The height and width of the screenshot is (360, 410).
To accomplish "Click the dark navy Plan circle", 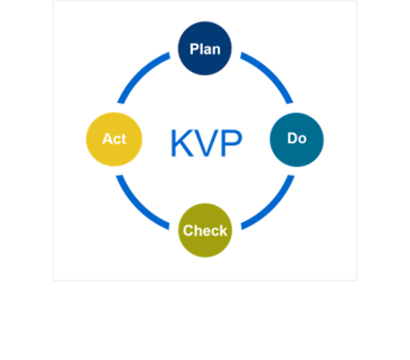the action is tap(205, 48).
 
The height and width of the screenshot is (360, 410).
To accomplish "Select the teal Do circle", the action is tap(297, 139).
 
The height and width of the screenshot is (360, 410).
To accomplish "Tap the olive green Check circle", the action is tap(205, 230).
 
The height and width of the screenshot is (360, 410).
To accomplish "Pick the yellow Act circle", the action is tap(114, 139).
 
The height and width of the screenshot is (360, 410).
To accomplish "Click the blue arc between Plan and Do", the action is tap(271, 73).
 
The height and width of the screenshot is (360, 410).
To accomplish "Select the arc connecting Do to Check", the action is tap(272, 207).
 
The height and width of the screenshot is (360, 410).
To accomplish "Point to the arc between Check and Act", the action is tap(138, 207).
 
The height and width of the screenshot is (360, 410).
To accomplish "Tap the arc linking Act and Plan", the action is tap(139, 73).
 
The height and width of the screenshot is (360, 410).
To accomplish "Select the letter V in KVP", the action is tap(206, 143).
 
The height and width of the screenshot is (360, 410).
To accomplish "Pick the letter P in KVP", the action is tap(232, 143).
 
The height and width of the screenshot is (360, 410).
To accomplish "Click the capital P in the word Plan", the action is tap(194, 49).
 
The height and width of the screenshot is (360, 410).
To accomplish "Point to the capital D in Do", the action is tap(292, 138).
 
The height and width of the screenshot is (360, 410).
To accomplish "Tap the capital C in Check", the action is tap(188, 231).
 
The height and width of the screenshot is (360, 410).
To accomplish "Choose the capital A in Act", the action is tap(107, 139).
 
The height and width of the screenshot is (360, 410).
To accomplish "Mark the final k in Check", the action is tap(223, 231).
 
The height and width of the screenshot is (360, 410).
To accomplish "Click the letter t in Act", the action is tap(124, 139).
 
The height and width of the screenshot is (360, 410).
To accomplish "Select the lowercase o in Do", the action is tap(302, 139).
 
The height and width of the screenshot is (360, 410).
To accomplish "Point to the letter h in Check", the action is tap(198, 231).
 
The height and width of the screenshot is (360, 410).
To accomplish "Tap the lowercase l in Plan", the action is tap(201, 49).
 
